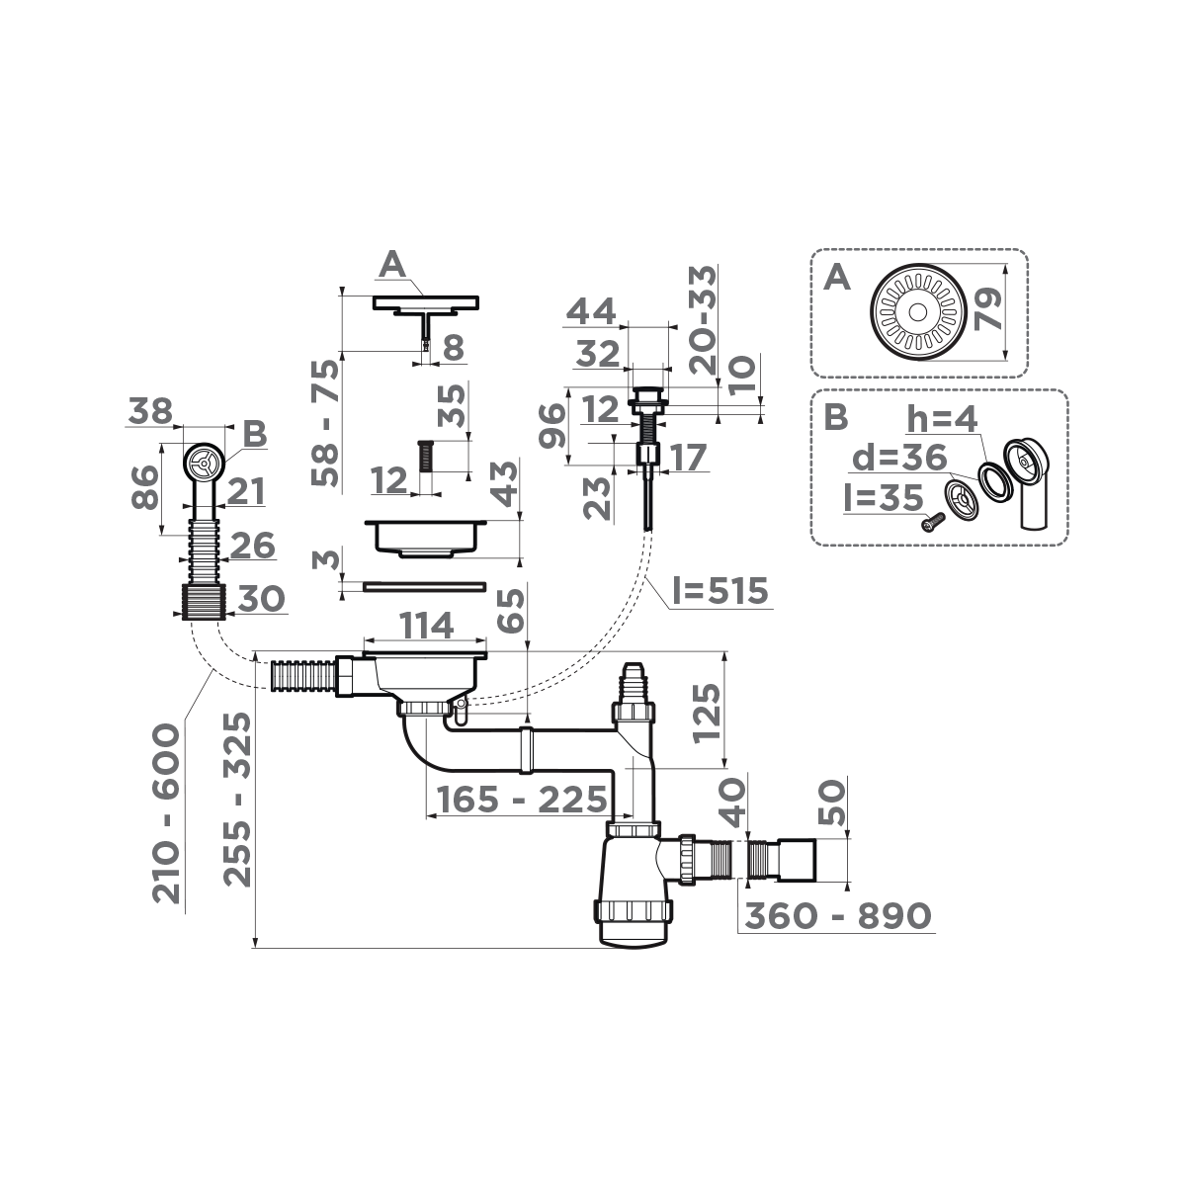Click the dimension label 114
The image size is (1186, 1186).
[x=425, y=625]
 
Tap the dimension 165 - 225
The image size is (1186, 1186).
[x=515, y=799]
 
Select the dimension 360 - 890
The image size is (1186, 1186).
[x=838, y=916]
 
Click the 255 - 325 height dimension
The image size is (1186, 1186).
[x=236, y=800]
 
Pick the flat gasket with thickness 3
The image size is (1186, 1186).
[x=425, y=586]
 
